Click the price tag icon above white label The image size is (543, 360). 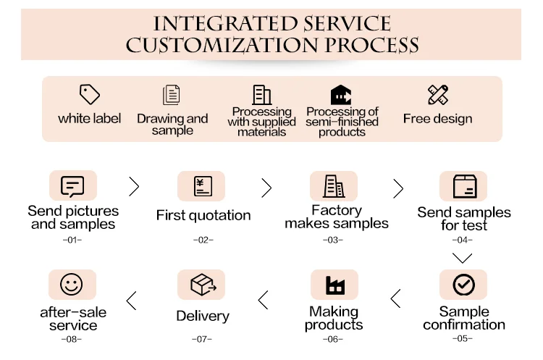click(89, 95)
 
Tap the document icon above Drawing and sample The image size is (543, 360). click(172, 95)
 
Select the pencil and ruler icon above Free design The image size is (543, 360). click(438, 95)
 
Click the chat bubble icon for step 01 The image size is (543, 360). click(72, 186)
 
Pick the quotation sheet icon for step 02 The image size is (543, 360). click(201, 186)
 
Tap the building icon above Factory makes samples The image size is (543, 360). click(334, 186)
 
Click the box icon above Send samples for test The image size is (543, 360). click(463, 186)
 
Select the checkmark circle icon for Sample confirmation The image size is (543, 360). click(463, 285)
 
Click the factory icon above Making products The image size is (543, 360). click(334, 285)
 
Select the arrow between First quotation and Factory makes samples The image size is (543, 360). click(266, 188)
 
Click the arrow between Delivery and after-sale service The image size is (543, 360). click(132, 298)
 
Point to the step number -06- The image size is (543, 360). click(334, 339)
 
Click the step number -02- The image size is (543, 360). click(202, 239)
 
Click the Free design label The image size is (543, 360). click(437, 119)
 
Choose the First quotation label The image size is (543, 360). click(203, 215)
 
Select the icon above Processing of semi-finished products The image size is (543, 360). click(341, 95)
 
